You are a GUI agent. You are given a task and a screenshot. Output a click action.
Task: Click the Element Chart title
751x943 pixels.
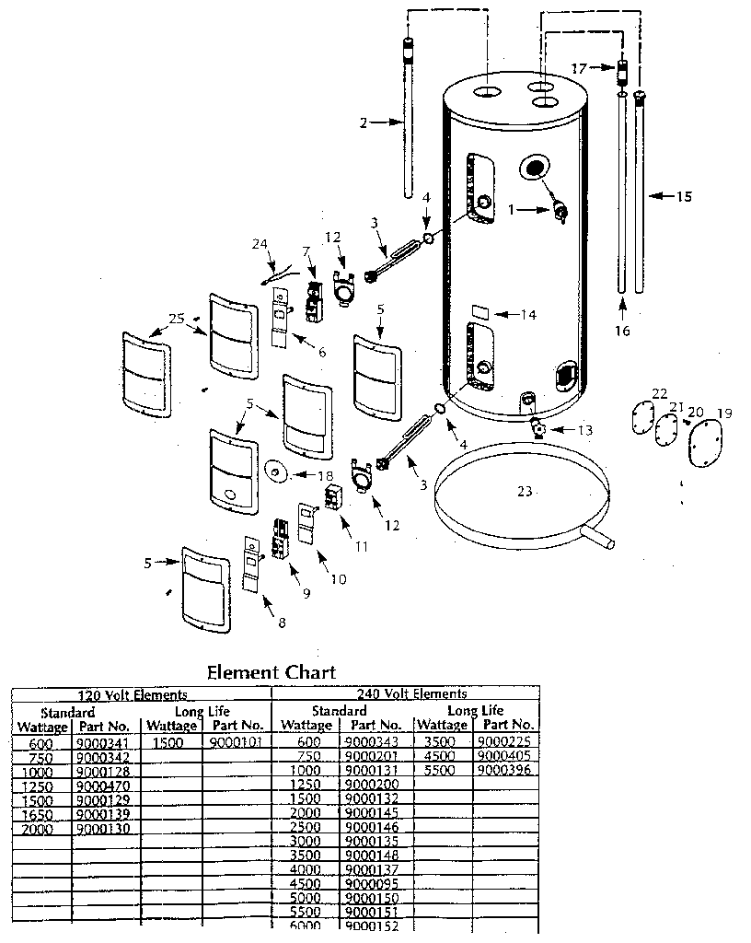271,671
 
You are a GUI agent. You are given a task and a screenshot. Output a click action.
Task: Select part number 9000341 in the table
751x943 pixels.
102,742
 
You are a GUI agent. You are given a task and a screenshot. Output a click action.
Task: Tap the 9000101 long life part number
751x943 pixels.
237,742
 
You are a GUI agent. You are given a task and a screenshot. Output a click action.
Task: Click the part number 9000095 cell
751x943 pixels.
371,885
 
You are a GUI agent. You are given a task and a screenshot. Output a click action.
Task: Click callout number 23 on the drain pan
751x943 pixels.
524,492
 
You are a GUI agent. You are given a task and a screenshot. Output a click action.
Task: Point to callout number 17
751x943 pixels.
578,67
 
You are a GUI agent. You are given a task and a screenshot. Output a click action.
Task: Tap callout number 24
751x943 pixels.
260,244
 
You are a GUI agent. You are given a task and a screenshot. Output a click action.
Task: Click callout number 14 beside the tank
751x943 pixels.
527,314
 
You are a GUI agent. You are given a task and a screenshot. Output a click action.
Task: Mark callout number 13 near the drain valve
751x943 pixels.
585,430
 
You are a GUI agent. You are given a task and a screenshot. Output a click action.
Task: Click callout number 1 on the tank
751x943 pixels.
510,209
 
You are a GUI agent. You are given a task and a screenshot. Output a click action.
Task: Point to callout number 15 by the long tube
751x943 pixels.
684,196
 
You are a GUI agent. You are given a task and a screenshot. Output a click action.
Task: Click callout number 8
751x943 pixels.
282,623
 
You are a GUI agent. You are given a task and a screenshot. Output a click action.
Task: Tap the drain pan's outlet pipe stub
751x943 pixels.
602,541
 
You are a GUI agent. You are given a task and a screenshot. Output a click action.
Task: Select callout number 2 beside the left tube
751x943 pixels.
364,122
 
